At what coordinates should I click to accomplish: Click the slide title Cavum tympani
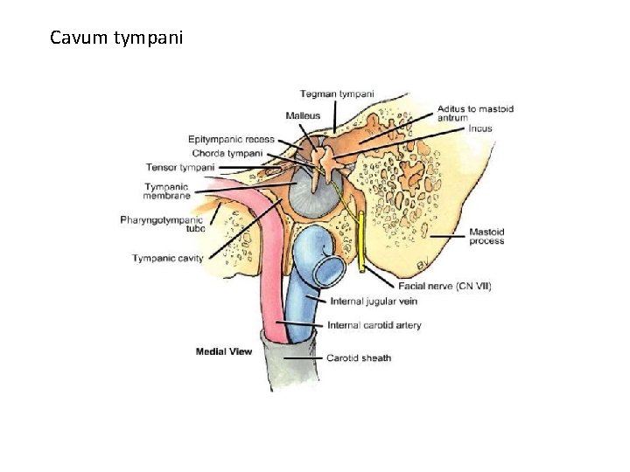116,38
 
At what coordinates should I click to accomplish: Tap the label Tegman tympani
337,94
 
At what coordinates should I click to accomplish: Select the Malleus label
303,115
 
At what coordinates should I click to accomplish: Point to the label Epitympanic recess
231,139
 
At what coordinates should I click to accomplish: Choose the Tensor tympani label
180,167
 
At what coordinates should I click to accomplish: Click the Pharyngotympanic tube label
162,224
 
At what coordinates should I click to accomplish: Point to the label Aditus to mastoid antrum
475,114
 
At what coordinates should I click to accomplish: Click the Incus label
480,128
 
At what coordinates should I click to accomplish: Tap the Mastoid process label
486,236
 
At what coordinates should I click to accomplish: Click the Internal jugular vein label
374,302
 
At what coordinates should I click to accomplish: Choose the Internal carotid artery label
374,325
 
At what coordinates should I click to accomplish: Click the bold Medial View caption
224,352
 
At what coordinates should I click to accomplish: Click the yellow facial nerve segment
361,245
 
